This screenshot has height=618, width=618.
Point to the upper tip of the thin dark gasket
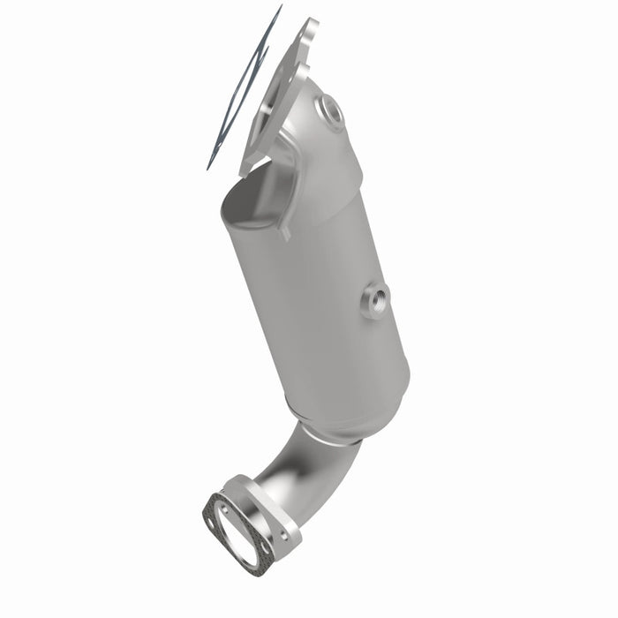click(x=280, y=7)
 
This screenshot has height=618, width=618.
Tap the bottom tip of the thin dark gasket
click(x=210, y=168)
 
